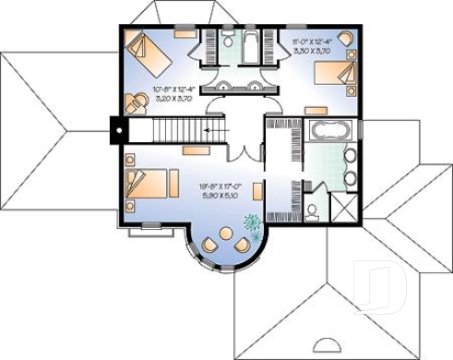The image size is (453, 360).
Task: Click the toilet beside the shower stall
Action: pyautogui.click(x=314, y=211)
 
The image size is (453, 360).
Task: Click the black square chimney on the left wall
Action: pyautogui.click(x=118, y=129)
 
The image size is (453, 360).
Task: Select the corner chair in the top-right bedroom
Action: pyautogui.click(x=345, y=38)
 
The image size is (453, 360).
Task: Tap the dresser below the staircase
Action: pyautogui.click(x=194, y=149)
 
